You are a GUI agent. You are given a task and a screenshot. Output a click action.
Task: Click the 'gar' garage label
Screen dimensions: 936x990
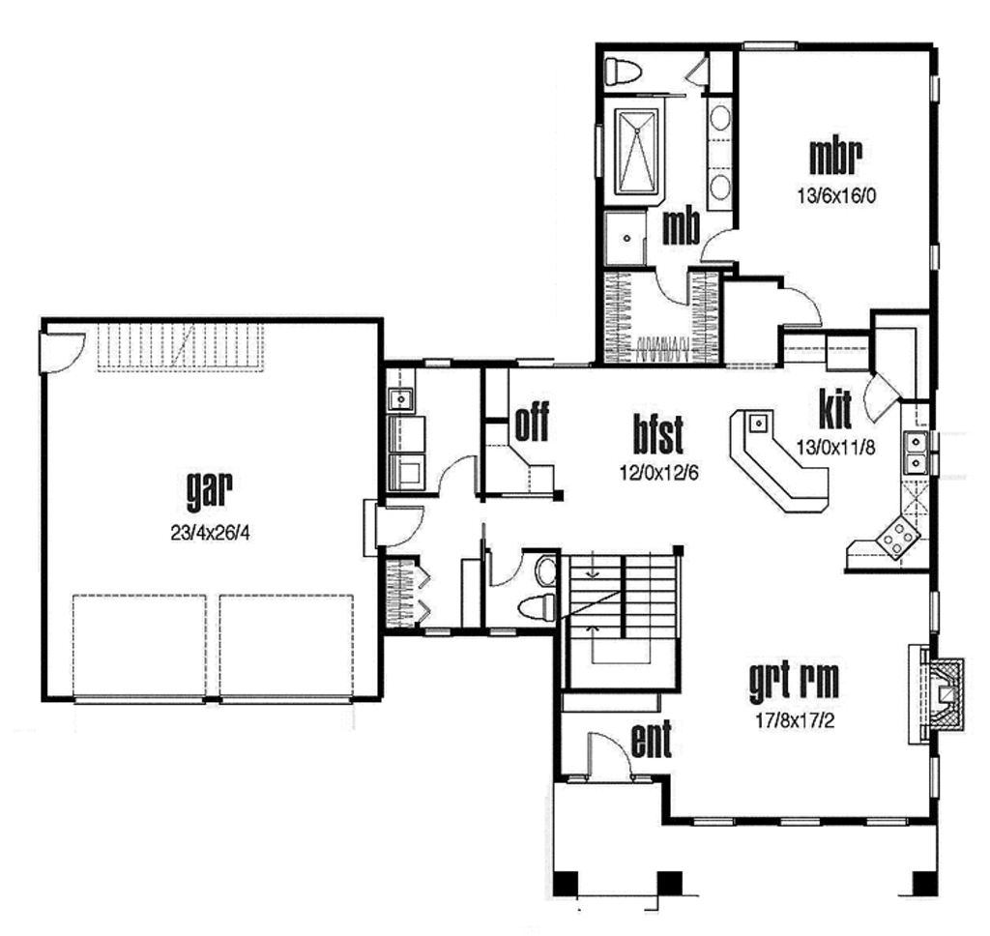[210, 490]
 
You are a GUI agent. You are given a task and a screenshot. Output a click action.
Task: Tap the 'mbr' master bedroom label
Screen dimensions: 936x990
[835, 156]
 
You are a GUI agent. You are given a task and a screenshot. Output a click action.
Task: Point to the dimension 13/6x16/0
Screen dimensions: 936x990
[836, 193]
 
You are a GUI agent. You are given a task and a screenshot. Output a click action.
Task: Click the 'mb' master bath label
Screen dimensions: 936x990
[681, 226]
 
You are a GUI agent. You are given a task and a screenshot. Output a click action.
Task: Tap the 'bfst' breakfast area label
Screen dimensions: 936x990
[658, 434]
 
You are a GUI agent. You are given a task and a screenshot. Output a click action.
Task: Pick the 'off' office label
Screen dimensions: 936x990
[532, 424]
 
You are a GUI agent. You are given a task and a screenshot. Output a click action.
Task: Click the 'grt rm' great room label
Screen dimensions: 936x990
[793, 682]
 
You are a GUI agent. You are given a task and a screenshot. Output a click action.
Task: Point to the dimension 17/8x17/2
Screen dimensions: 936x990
[793, 720]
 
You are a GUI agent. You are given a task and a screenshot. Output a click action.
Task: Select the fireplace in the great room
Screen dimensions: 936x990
[937, 693]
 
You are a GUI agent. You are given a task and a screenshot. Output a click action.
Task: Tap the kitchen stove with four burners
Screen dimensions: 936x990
[898, 539]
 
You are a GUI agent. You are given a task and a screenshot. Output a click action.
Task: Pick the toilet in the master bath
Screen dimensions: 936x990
[624, 71]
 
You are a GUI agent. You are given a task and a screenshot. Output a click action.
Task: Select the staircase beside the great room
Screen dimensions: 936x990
[619, 619]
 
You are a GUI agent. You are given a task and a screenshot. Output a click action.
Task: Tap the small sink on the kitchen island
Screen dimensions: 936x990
[758, 422]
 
